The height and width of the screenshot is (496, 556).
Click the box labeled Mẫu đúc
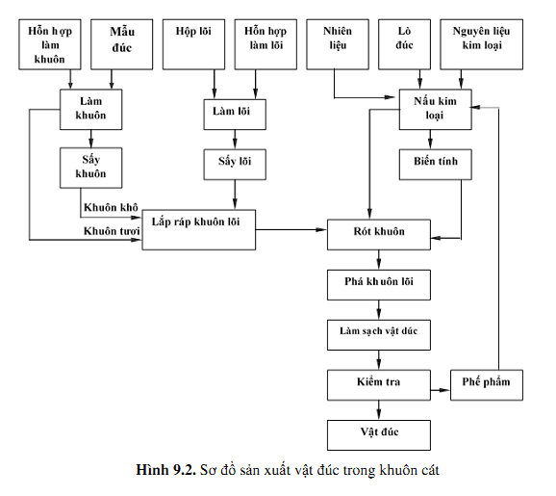point(121,44)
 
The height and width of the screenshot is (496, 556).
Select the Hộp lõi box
point(193,44)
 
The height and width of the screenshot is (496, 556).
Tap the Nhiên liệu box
point(338,44)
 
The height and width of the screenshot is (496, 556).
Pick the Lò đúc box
point(404,44)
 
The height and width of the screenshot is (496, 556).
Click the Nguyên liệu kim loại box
point(482,44)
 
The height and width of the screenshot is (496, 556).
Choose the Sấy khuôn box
point(90,168)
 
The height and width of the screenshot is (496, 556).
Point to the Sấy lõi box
point(235,165)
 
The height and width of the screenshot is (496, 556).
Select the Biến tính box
point(436,165)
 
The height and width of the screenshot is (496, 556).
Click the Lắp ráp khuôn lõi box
point(198,230)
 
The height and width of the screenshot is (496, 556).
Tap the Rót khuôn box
point(379,235)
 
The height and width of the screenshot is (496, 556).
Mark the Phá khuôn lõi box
point(379,285)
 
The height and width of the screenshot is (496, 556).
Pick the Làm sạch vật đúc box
point(379,335)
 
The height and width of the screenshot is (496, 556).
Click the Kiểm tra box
point(379,385)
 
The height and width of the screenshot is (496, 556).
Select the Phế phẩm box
point(487,385)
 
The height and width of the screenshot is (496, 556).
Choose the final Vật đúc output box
point(379,435)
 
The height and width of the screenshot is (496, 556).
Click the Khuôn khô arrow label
point(111,207)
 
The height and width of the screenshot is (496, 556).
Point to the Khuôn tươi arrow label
point(112,231)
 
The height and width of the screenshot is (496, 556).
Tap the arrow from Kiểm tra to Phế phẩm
point(441,390)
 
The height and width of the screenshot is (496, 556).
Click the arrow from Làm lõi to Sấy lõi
point(235,140)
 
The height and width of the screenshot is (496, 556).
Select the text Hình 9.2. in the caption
point(166,470)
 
